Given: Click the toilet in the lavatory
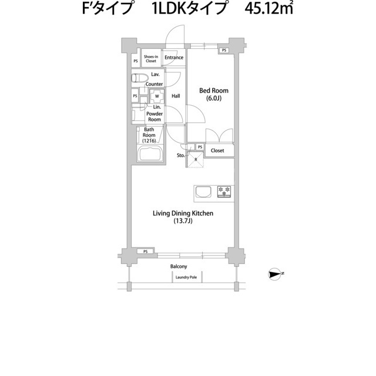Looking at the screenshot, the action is [140, 78].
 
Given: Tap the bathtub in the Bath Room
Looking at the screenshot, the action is [150, 154].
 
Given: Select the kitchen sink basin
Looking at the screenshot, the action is [203, 192].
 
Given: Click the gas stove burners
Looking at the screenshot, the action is [224, 192].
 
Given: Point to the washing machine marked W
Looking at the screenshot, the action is [157, 96].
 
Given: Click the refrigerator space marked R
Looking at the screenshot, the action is [196, 159].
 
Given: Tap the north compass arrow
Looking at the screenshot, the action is [275, 274].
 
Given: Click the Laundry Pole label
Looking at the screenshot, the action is [186, 277].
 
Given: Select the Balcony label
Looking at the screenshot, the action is [179, 266].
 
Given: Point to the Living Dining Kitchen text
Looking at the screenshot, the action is [183, 213].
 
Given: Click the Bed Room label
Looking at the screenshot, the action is [214, 90].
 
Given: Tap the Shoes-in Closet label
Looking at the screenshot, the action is [151, 59].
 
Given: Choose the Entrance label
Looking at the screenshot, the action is [174, 58].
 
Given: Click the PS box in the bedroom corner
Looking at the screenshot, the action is [224, 51].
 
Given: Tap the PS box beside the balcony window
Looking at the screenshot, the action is [146, 251].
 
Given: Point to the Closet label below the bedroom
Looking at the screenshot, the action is [217, 150].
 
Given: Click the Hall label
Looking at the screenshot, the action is [176, 96].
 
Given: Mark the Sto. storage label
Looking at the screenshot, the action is [181, 155].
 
